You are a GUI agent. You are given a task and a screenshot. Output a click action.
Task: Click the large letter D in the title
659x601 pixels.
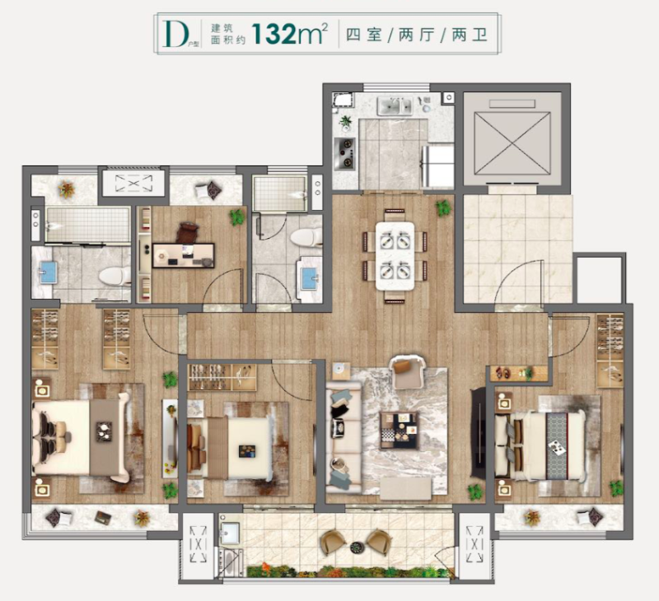173,34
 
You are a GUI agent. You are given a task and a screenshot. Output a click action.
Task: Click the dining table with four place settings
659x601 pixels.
395,254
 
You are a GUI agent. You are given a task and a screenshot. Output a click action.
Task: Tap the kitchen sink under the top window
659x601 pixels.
394,106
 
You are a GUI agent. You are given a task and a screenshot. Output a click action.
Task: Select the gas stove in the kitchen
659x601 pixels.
344,153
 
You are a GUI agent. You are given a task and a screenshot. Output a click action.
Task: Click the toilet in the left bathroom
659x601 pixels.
112,275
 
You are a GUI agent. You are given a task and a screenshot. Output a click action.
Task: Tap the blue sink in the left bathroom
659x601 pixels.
48,271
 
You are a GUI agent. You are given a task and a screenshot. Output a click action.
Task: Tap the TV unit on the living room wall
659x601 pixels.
478,433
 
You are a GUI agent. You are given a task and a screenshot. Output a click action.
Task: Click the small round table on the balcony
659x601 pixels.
357,547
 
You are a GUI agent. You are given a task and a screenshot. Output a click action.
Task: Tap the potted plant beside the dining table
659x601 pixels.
443,207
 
